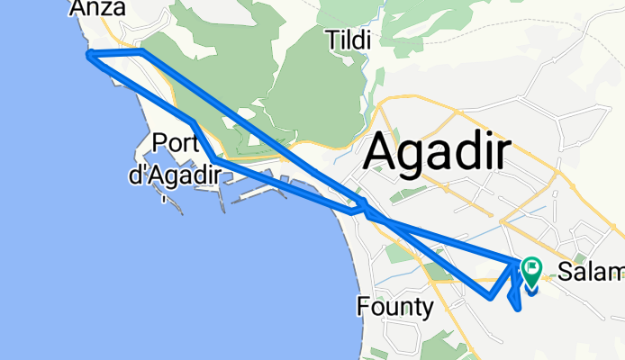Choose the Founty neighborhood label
pos(395,309)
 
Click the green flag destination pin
pos(530,266)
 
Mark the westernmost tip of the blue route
pos(88,56)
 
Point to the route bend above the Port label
pos(193,122)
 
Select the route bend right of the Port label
pos(213,158)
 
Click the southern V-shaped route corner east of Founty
pos(488,296)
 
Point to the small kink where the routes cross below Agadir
pos(366,212)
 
